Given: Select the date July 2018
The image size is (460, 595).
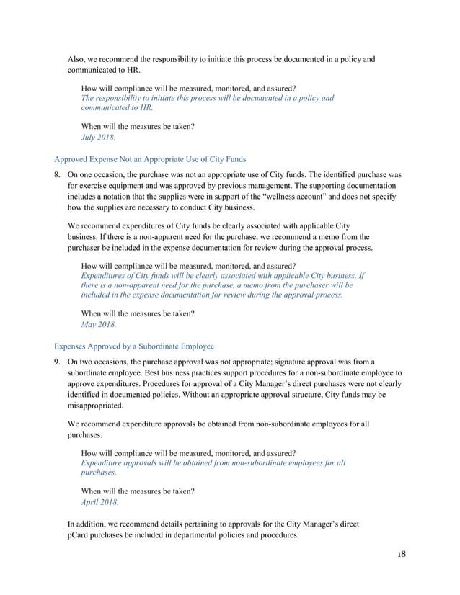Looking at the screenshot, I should [97, 136].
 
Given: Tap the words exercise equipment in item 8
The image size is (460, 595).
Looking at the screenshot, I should [112, 185].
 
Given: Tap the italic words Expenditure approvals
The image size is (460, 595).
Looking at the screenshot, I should [127, 462].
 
